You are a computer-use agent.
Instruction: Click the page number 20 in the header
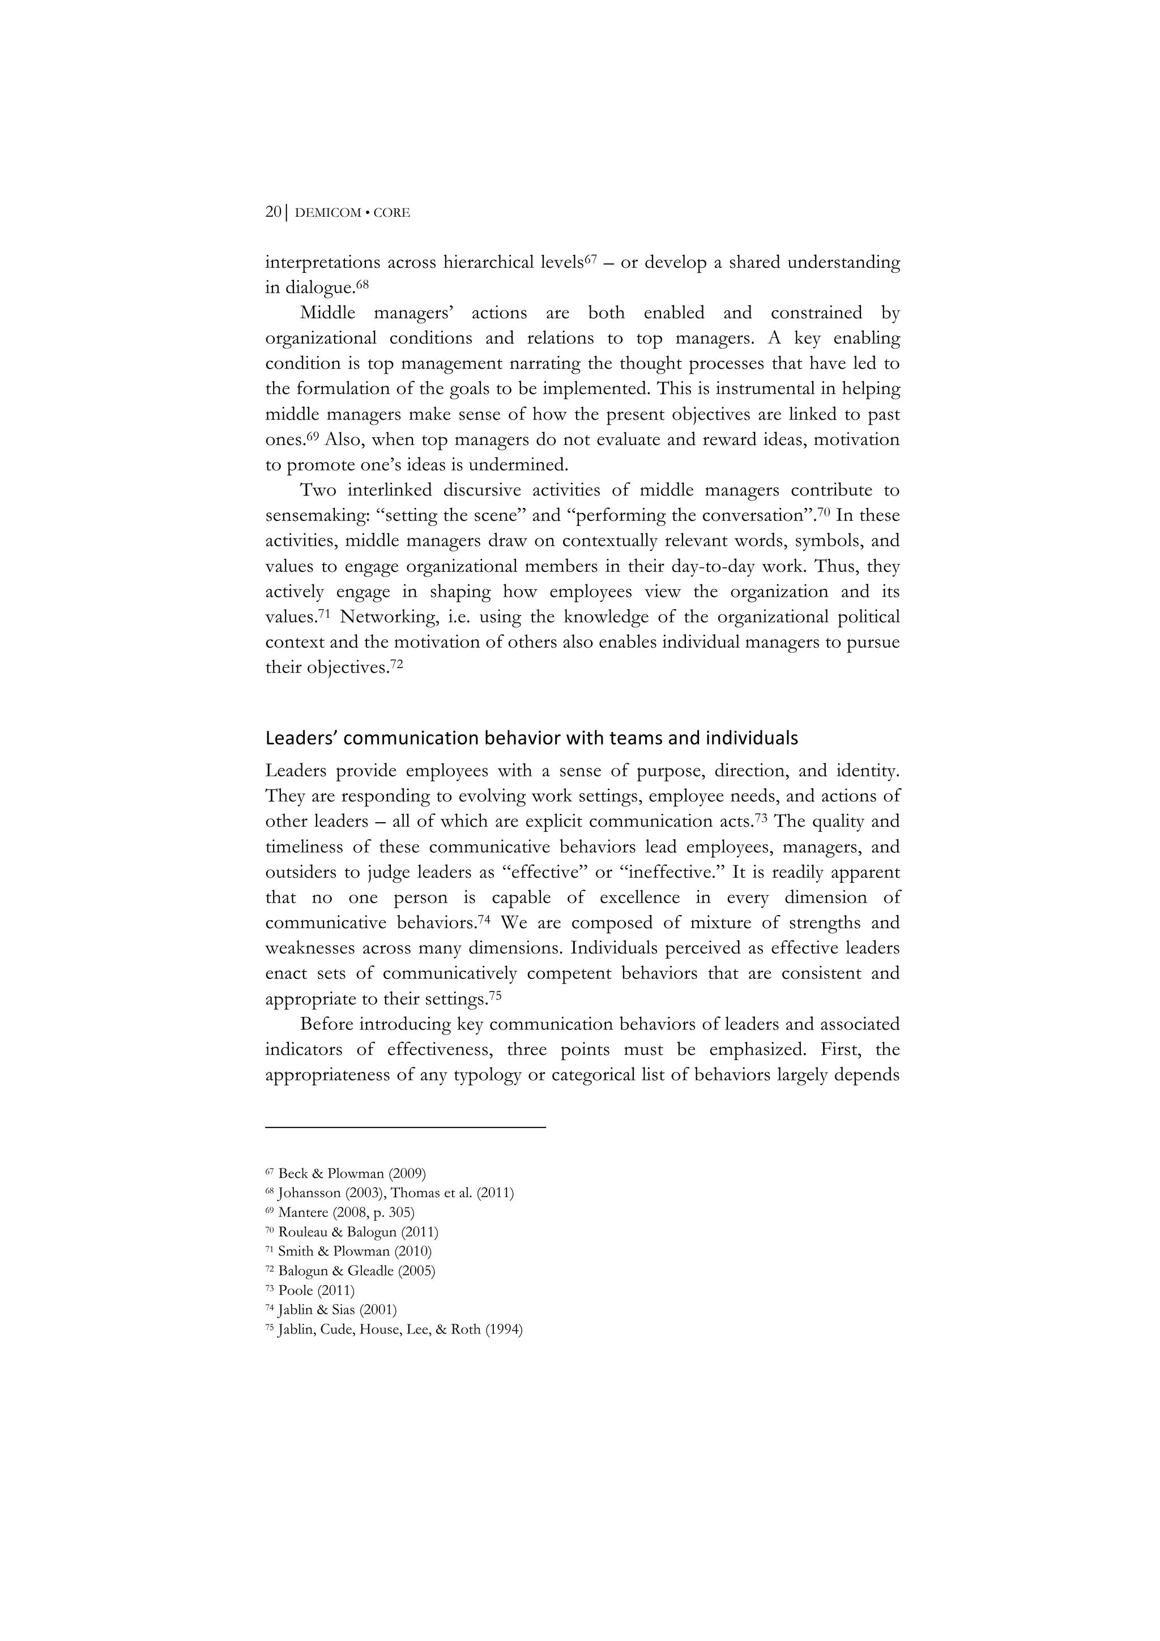[x=272, y=212]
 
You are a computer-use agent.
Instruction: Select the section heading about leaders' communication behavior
[x=531, y=738]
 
